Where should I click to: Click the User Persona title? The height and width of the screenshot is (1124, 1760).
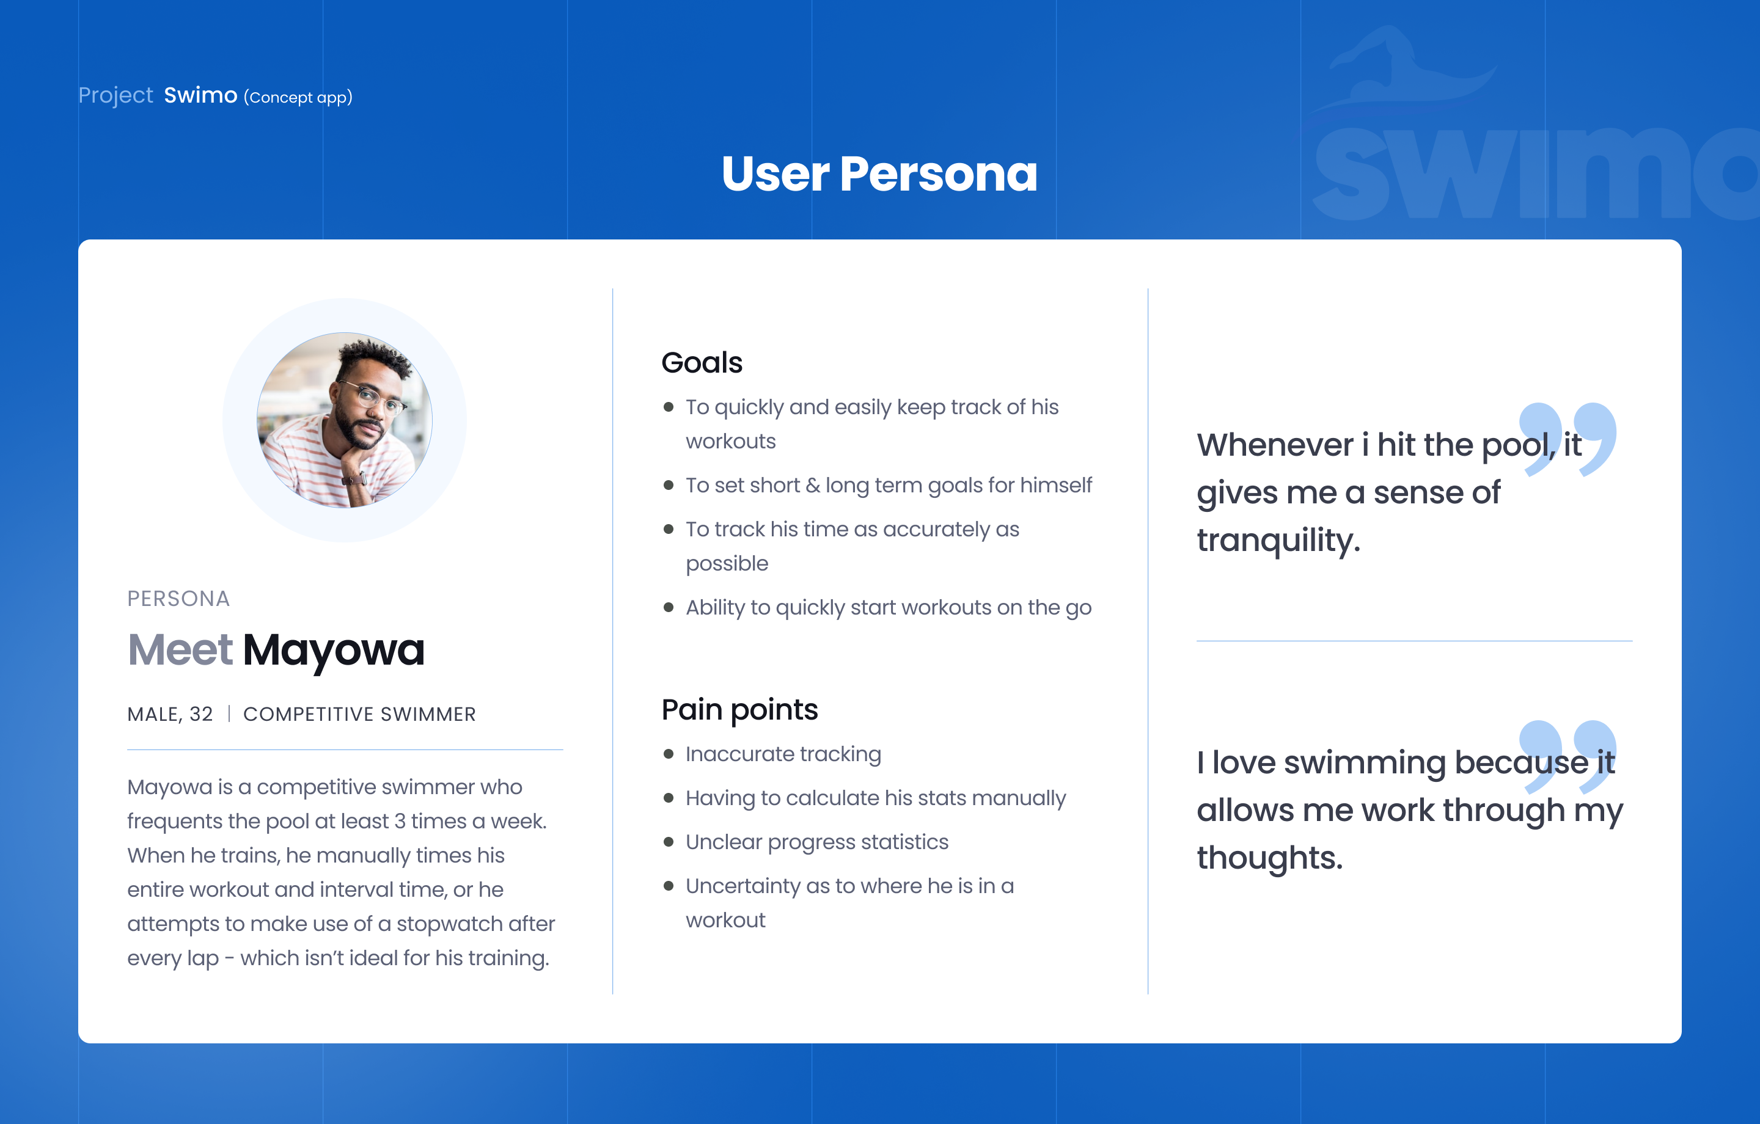coord(879,174)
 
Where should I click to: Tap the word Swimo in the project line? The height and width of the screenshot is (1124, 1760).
coord(200,95)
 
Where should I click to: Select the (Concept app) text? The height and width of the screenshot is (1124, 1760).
coord(298,97)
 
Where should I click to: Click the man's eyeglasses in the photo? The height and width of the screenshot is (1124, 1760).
coord(372,399)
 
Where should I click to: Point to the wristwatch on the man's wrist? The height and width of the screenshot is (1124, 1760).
coord(355,480)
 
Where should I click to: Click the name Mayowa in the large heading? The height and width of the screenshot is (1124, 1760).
coord(333,650)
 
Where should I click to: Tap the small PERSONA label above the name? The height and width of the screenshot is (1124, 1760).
coord(178,599)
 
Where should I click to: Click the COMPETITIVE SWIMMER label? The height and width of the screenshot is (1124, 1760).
coord(359,714)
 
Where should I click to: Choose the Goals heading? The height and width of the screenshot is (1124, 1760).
coord(702,362)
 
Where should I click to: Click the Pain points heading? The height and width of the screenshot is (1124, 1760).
coord(739,710)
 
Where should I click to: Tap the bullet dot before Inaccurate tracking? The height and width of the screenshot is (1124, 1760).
coord(668,754)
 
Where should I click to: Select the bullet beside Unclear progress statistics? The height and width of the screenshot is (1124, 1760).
coord(668,842)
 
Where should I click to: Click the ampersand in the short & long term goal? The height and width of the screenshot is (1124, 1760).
coord(813,485)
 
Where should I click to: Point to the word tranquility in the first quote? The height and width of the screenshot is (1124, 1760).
coord(1278,541)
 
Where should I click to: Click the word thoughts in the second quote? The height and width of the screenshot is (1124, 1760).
coord(1269,858)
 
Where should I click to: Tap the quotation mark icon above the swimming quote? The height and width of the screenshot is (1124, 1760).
coord(1568,756)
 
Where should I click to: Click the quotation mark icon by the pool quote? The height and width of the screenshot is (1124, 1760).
coord(1568,439)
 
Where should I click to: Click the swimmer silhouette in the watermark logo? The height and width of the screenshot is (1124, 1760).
coord(1403,70)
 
